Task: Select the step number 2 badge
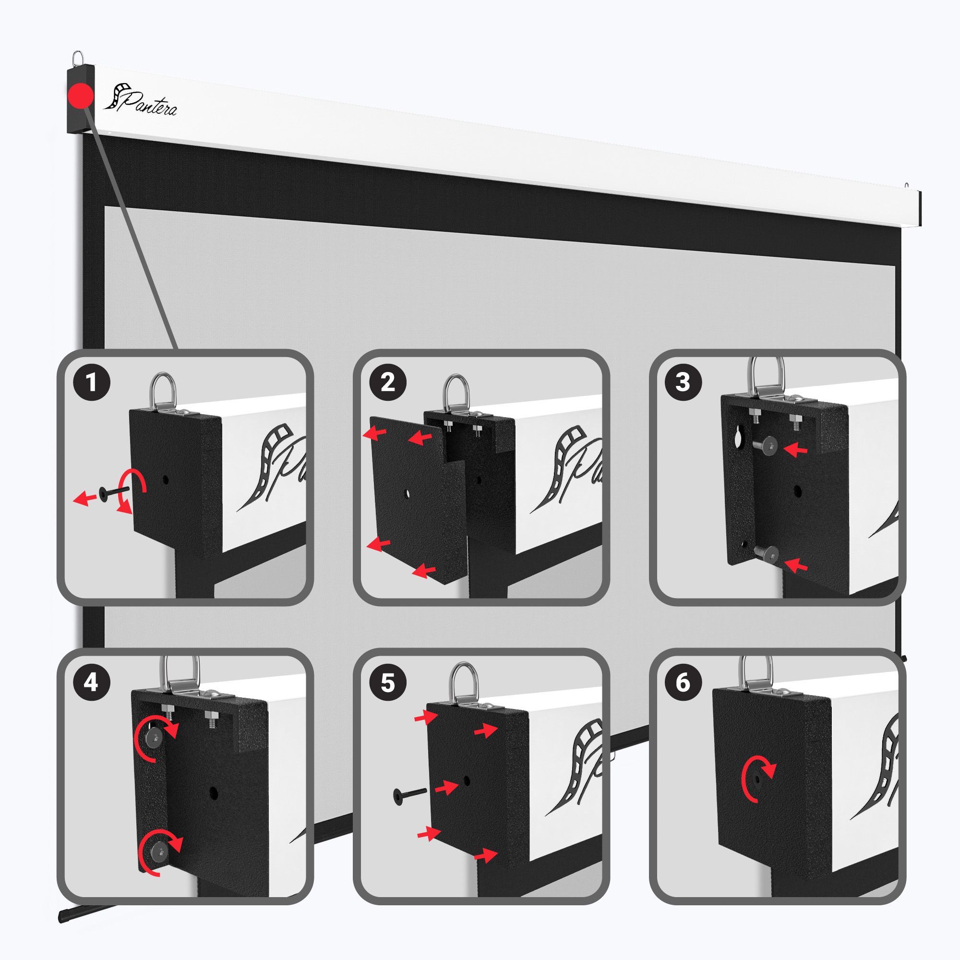click(x=388, y=384)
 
